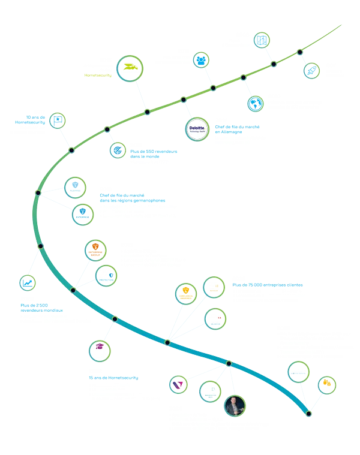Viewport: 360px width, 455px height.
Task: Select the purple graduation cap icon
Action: (98, 349)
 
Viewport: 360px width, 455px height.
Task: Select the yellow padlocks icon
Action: (327, 384)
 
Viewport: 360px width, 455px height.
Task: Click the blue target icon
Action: (118, 149)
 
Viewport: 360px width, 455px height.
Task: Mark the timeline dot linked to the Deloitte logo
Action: (183, 100)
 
